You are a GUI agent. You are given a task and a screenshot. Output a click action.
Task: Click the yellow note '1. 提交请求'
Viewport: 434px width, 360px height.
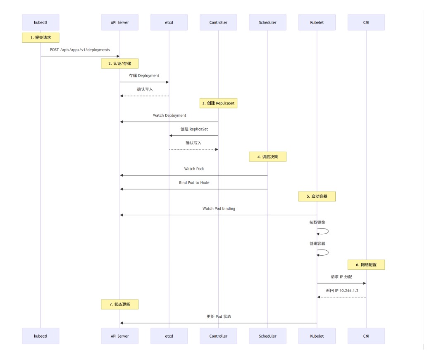pyautogui.click(x=41, y=37)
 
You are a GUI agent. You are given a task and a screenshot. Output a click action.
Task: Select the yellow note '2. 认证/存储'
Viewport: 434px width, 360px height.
pyautogui.click(x=119, y=63)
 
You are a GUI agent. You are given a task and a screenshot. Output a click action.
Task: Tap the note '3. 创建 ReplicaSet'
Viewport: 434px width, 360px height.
pyautogui.click(x=218, y=103)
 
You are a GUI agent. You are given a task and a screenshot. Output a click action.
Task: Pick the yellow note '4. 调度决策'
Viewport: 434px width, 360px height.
pyautogui.click(x=268, y=156)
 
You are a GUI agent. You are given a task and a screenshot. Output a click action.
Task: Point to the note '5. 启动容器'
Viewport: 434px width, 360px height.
pyautogui.click(x=317, y=196)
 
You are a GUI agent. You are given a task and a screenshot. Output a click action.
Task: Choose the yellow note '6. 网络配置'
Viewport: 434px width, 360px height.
pyautogui.click(x=366, y=265)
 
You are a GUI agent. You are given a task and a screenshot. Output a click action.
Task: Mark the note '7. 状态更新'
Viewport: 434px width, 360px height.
pyautogui.click(x=119, y=304)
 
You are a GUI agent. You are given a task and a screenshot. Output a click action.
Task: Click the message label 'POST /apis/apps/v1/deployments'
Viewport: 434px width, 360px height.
pyautogui.click(x=80, y=50)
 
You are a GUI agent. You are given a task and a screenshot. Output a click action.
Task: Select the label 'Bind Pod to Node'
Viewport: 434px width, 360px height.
pyautogui.click(x=194, y=182)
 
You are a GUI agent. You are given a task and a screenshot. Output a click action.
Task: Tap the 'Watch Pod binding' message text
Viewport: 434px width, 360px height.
pyautogui.click(x=219, y=209)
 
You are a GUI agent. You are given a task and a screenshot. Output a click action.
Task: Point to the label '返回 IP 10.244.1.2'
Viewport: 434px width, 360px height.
pyautogui.click(x=342, y=290)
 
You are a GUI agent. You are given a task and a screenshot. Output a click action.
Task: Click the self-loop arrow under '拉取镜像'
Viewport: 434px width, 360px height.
pyautogui.click(x=328, y=231)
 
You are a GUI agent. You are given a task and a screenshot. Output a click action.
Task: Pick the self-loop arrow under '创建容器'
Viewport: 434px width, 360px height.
pyautogui.click(x=328, y=252)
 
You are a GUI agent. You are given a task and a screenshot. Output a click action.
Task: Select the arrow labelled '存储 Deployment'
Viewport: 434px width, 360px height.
pyautogui.click(x=144, y=82)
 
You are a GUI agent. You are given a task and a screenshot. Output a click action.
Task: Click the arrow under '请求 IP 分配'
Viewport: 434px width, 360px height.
pyautogui.click(x=341, y=283)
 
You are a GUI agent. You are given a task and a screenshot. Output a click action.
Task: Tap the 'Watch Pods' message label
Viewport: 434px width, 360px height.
pyautogui.click(x=194, y=169)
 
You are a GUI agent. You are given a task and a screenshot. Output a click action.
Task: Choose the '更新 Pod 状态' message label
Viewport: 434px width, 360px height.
pyautogui.click(x=219, y=317)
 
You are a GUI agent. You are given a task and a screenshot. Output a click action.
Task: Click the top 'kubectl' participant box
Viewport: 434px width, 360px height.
pyautogui.click(x=41, y=22)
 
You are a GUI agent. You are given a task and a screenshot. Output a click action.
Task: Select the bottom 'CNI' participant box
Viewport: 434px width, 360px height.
pyautogui.click(x=366, y=336)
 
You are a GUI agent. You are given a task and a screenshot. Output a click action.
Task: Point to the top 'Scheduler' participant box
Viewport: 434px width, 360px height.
pyautogui.click(x=268, y=22)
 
